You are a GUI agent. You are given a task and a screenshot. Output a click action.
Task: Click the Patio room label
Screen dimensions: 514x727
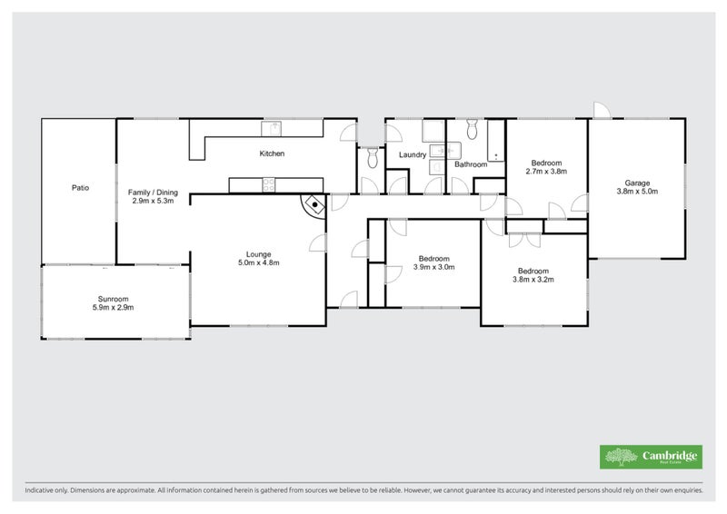point(81,188)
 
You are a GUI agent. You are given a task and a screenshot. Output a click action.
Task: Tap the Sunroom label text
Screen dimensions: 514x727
point(114,299)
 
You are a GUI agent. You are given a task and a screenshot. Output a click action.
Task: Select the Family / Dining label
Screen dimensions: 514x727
point(153,193)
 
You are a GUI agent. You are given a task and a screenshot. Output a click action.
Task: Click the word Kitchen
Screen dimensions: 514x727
point(272,153)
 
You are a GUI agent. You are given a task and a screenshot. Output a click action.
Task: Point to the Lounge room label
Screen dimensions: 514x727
point(259,254)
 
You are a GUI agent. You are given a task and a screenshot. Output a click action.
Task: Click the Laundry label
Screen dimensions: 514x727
point(413,155)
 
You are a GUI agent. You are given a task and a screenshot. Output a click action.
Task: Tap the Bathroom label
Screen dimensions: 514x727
point(471,164)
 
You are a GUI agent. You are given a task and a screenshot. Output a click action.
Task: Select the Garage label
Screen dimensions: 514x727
point(636,182)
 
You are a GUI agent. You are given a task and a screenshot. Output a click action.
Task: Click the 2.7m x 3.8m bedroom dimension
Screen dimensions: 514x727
point(546,171)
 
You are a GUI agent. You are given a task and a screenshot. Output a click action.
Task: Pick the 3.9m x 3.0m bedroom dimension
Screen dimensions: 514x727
point(433,267)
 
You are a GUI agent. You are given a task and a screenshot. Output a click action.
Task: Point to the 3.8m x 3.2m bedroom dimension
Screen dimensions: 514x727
point(533,280)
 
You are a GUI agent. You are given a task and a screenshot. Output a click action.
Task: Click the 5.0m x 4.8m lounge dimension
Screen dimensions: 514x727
point(259,263)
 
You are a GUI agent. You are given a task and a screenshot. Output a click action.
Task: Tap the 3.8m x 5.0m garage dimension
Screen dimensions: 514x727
point(636,192)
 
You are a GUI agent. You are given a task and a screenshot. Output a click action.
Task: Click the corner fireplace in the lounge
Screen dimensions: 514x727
point(314,204)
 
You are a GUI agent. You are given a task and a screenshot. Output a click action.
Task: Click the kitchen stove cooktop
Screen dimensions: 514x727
point(270,185)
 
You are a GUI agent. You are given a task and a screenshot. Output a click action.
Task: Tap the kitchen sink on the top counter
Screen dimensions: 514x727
point(272,128)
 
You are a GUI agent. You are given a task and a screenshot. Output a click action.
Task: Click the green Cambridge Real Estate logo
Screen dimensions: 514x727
point(650,457)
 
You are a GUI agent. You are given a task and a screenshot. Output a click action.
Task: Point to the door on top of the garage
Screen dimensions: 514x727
point(603,110)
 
